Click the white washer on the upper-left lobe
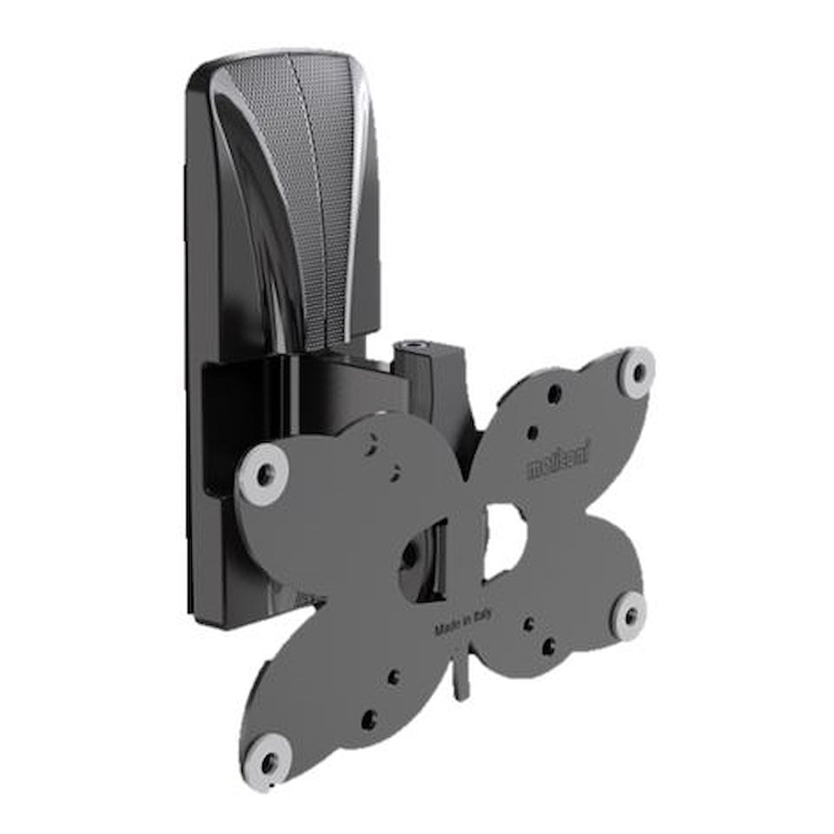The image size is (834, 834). click(x=264, y=474)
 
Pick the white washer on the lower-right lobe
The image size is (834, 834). click(x=629, y=615)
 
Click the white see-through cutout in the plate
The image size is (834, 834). click(x=505, y=540)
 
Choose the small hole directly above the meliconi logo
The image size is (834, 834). click(x=532, y=431)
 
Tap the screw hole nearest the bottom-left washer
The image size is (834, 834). click(x=369, y=719)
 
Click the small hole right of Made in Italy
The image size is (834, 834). click(x=529, y=624)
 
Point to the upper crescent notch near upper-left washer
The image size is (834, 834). click(x=370, y=443)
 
